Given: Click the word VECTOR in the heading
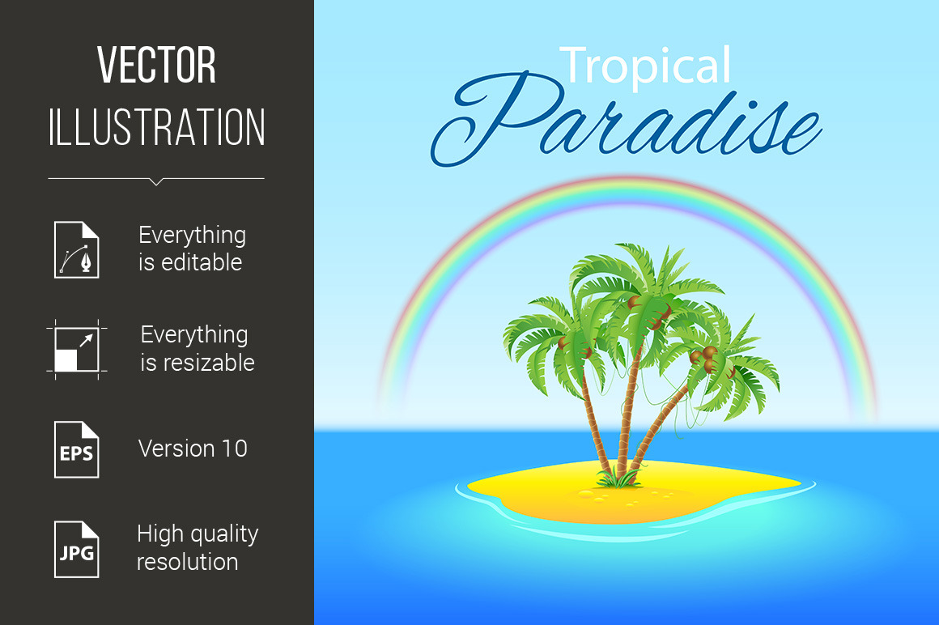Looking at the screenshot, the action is (156, 65).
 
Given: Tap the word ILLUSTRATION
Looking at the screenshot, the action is (156, 127).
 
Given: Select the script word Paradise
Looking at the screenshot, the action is (626, 120).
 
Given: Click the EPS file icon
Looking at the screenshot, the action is (77, 449).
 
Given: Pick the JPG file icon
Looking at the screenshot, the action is (77, 549).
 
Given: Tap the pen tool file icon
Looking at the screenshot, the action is (77, 249).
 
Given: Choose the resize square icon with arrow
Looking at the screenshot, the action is (77, 350).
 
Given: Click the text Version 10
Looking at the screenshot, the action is (193, 449).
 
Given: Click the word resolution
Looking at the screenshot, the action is (188, 562).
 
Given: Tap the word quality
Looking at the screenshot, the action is (223, 534).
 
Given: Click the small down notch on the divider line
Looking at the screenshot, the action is (156, 181).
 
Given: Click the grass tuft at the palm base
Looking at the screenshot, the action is (617, 478).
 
